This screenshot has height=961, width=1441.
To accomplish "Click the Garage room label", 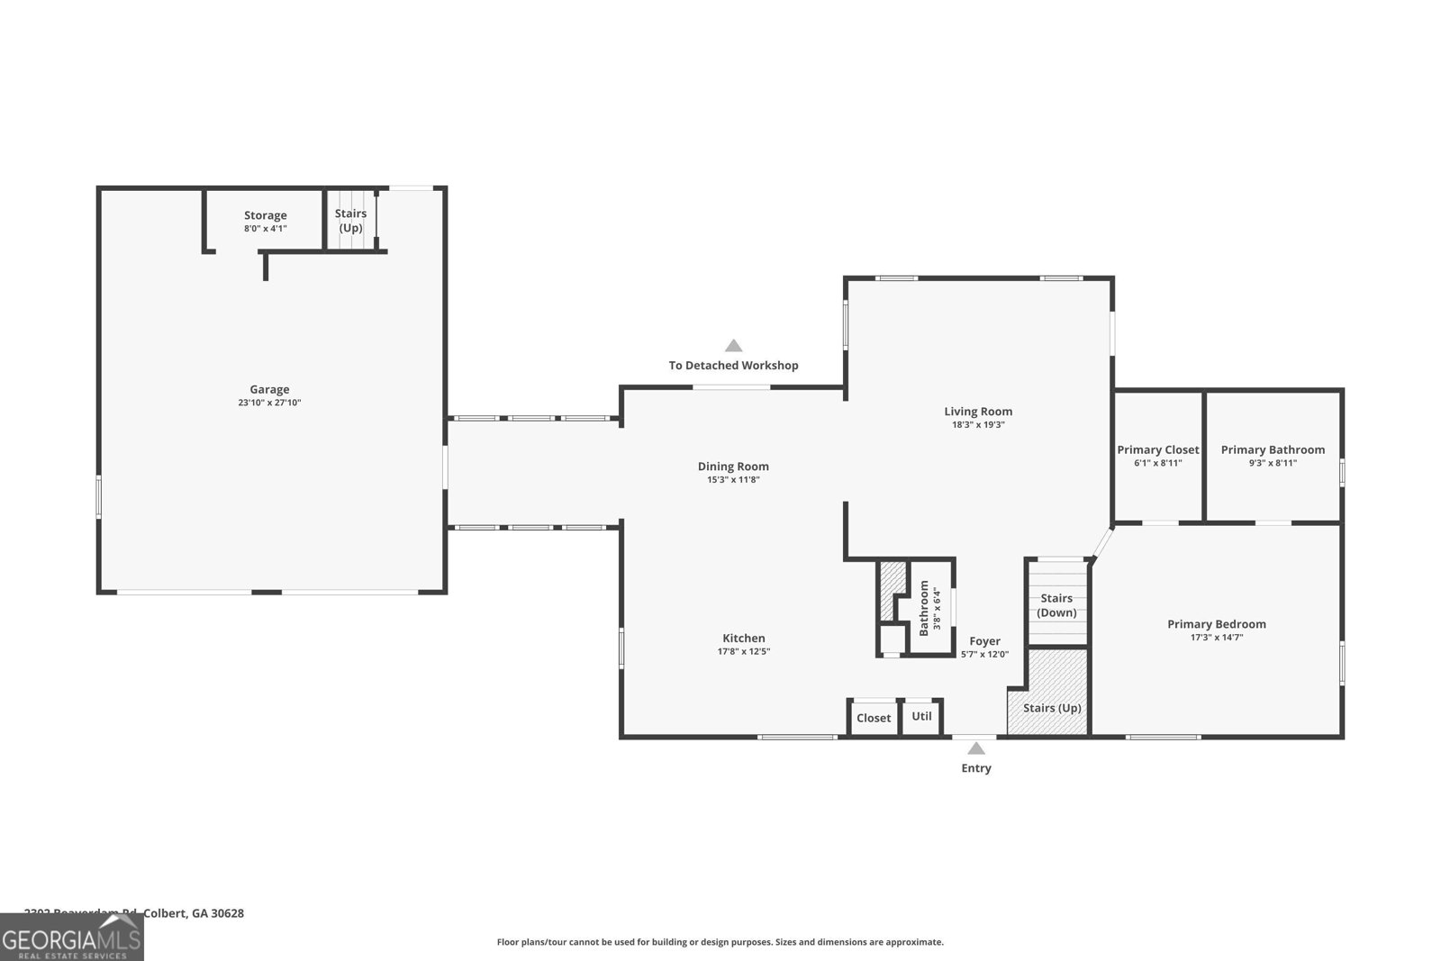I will [269, 389].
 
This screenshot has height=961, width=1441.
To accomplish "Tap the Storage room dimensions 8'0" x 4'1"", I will [265, 229].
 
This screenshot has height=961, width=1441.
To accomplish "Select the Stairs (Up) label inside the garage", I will [350, 220].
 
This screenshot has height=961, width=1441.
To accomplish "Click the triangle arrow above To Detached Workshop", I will [734, 346].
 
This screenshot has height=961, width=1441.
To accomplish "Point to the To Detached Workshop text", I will [733, 366].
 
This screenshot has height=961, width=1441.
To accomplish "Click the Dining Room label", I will [733, 466].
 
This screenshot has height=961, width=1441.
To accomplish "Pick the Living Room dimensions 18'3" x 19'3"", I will [978, 424].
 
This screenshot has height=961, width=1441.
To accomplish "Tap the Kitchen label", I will [744, 638].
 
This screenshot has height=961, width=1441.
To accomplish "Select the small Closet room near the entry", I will [874, 718].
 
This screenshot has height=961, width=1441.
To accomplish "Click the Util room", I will [921, 716].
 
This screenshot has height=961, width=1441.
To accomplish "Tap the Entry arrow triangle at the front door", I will [975, 748].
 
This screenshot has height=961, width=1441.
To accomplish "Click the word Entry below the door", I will [976, 768].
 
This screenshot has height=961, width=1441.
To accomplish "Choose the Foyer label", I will [984, 641].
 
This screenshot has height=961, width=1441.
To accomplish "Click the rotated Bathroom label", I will [924, 608].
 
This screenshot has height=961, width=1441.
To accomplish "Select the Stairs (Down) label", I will [1056, 605].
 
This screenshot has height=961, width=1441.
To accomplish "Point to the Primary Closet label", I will [1158, 449].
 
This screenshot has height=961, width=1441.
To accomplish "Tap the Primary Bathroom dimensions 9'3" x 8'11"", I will [1273, 463].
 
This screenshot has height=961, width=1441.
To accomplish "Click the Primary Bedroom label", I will [1216, 623].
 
